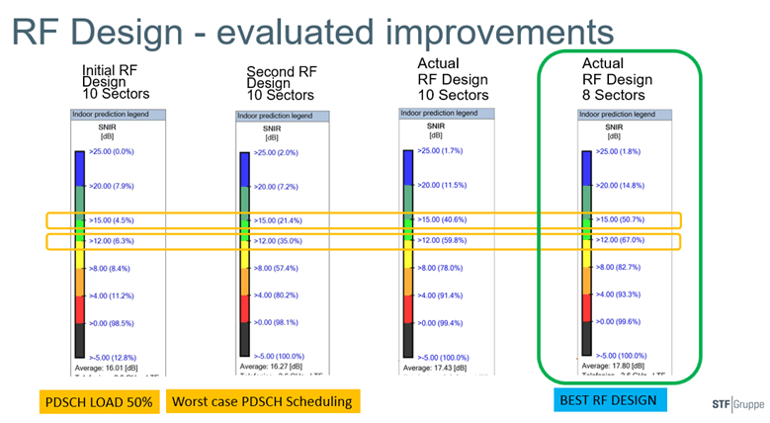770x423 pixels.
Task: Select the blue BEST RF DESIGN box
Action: (x=605, y=398)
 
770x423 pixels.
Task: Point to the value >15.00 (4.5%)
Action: (x=110, y=220)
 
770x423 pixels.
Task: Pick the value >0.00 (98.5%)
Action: (x=110, y=323)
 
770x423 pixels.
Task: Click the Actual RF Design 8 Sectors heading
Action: (x=617, y=79)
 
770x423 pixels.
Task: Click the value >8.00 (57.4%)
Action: (x=280, y=268)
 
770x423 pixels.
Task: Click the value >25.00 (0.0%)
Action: (x=110, y=152)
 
